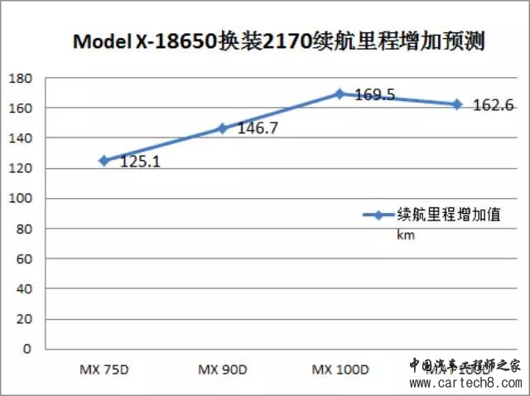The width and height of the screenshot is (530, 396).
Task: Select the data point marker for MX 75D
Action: pos(104,161)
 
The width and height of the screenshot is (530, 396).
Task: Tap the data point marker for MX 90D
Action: pos(222,128)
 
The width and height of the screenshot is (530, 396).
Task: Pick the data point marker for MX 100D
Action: pos(340,94)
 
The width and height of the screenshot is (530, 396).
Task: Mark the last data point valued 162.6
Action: pos(457,104)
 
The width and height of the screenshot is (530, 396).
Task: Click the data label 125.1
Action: pos(140,162)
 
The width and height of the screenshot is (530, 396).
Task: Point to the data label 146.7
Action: pos(258,130)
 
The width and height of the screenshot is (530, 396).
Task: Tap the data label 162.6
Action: pos(494,105)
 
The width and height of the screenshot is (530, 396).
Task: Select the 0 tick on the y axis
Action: pos(27,349)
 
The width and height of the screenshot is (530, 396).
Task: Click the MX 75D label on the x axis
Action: pos(104,369)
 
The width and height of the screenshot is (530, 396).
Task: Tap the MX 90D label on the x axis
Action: pos(222,369)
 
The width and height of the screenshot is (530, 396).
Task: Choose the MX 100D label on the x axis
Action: pos(340,369)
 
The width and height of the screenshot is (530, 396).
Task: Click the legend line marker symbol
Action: pos(378,215)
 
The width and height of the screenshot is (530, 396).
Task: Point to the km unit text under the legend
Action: pos(405,235)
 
